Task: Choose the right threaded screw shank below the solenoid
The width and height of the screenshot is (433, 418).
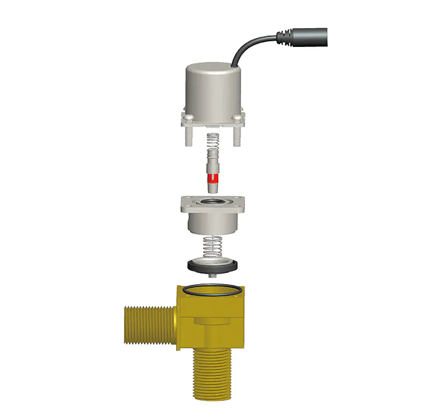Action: click(237, 136)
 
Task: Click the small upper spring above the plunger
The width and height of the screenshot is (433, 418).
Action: click(212, 141)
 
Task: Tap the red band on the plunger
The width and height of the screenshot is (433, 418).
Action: click(212, 177)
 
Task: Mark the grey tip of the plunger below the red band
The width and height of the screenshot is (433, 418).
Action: click(212, 187)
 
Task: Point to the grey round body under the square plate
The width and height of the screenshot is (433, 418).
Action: click(212, 223)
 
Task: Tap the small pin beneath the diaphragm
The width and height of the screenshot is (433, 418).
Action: click(212, 275)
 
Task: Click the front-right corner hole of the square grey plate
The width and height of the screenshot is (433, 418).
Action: click(238, 208)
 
